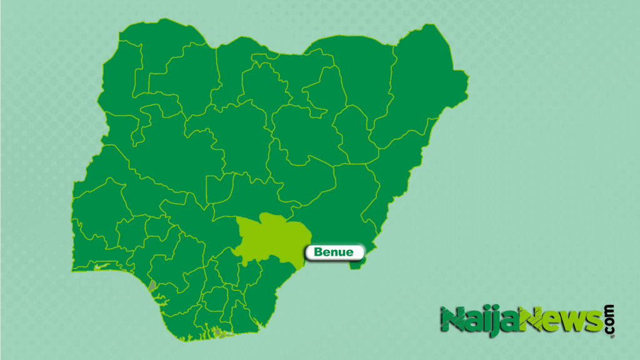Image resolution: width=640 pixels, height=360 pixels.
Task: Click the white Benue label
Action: (x=335, y=252)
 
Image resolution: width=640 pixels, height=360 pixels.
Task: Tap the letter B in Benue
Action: (x=318, y=252)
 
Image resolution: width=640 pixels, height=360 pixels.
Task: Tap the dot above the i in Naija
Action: (x=483, y=309)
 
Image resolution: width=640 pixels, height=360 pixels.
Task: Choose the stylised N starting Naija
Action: (x=452, y=319)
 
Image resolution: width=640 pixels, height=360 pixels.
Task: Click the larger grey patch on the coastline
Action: (x=152, y=286)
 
